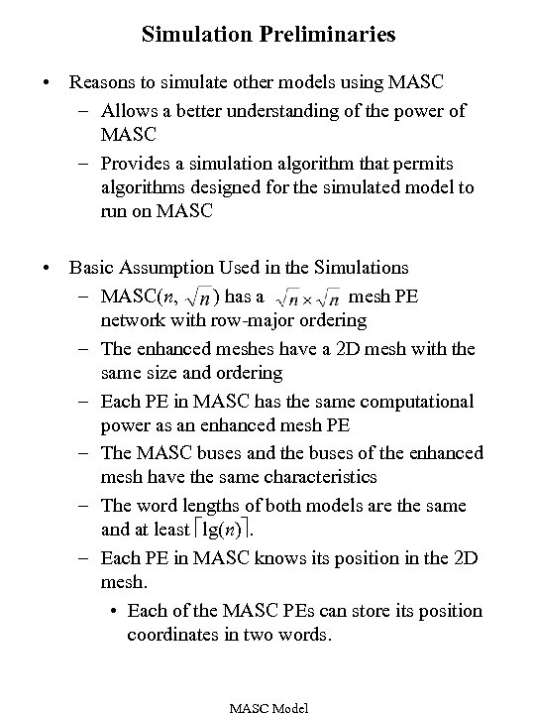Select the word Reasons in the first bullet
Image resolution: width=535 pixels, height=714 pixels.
point(101,82)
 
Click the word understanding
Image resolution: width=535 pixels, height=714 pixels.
point(288,110)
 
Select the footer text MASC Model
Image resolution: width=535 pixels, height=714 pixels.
point(267,707)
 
